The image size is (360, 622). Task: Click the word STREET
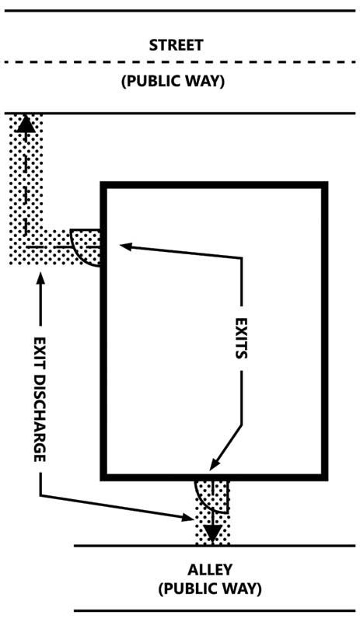point(176,45)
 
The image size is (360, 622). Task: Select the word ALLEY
point(210,570)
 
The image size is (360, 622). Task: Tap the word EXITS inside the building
point(241,338)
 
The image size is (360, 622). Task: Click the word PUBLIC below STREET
point(151,81)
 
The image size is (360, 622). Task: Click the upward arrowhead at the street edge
point(26,124)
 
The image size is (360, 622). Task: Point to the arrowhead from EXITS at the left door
point(125,246)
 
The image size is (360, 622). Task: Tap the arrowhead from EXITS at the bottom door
point(215,464)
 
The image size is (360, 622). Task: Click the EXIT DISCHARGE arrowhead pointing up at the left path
point(40,279)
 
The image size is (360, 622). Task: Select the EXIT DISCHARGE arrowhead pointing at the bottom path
point(187,517)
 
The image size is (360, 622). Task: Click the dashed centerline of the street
point(180,62)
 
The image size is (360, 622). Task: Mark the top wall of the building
point(214,185)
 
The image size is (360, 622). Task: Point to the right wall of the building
point(324,331)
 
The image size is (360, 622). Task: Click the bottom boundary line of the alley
point(215,611)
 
